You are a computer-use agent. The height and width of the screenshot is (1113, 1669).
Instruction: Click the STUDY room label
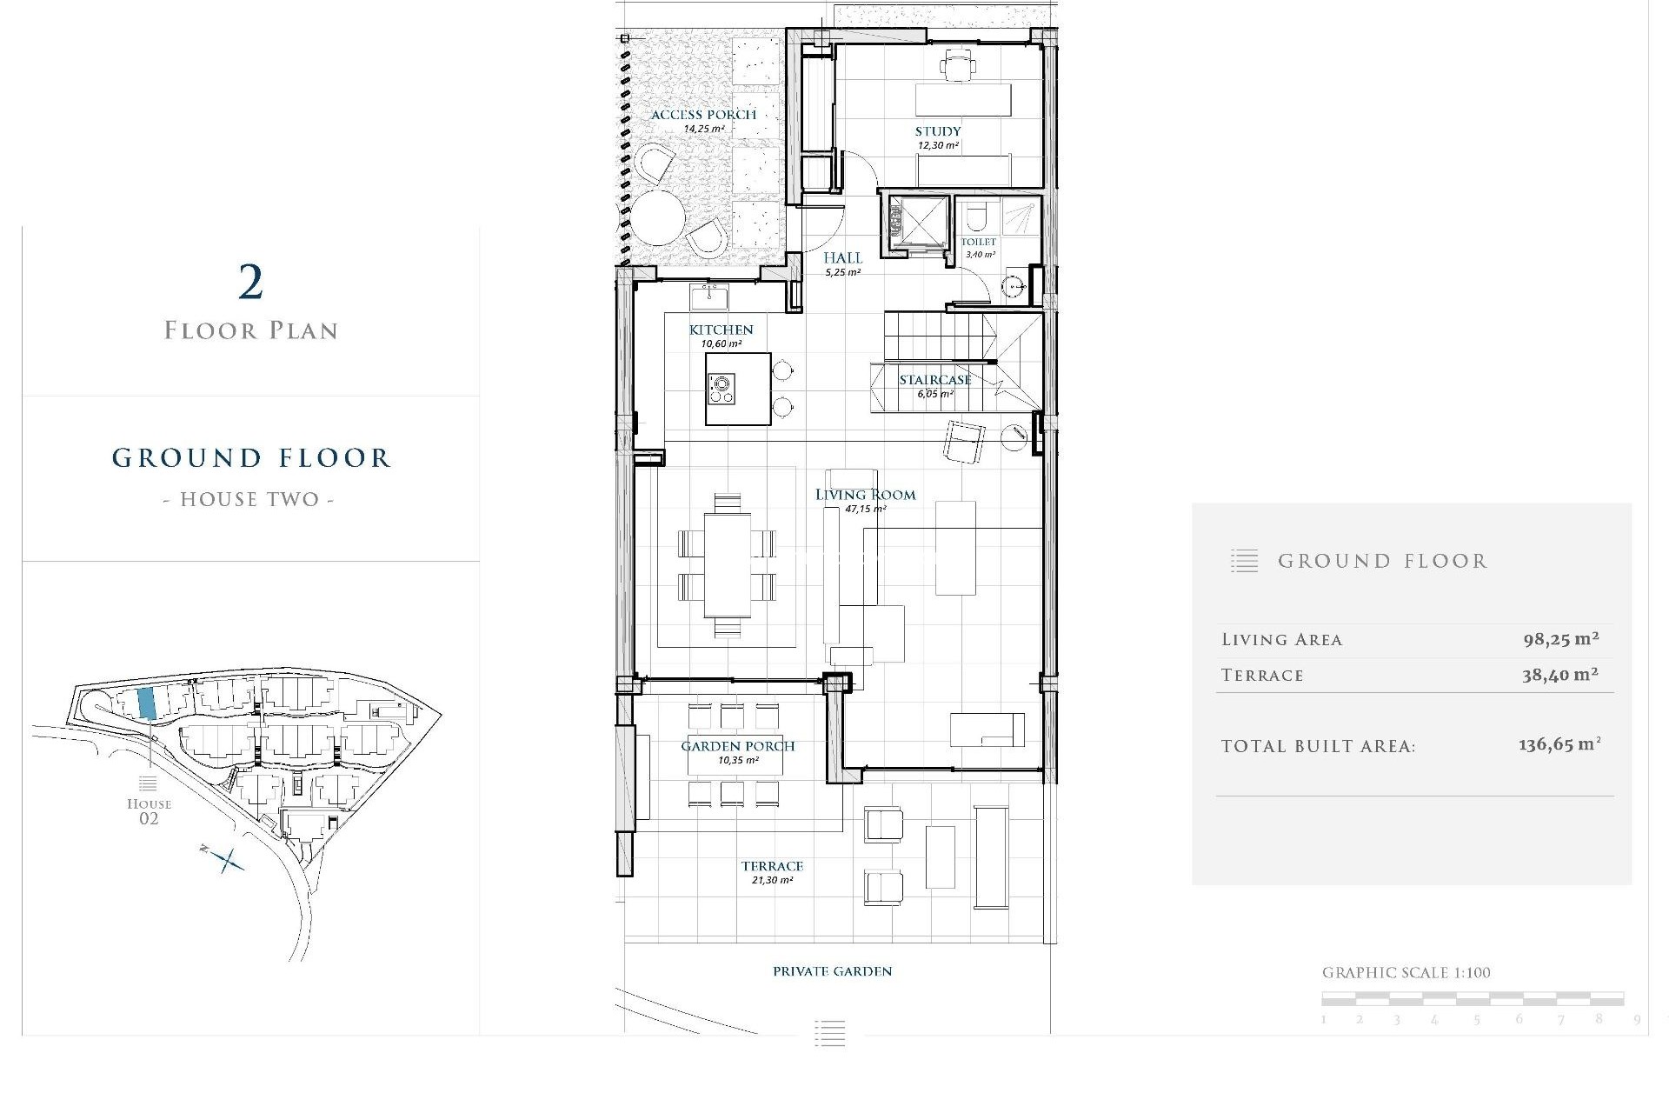[x=937, y=131]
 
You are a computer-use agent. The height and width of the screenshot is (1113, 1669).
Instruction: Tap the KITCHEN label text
[x=721, y=330]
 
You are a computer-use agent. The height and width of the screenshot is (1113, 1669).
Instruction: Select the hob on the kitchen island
[x=721, y=388]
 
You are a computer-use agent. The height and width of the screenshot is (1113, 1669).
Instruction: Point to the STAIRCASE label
[x=934, y=380]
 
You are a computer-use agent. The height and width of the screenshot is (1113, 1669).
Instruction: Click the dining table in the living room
[x=728, y=565]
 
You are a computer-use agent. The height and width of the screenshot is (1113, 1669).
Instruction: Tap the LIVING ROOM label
[x=865, y=495]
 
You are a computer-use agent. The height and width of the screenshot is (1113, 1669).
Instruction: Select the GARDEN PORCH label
[x=737, y=746]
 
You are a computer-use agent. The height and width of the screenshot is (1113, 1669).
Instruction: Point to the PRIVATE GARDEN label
[x=832, y=971]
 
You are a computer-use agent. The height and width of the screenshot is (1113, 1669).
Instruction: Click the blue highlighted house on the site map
[x=147, y=703]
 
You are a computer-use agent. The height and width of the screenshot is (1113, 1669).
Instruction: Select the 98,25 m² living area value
[x=1560, y=639]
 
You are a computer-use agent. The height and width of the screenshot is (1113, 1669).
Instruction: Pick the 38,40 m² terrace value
[x=1559, y=675]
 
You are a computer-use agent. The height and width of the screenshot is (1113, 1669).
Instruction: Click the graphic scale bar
[x=1473, y=998]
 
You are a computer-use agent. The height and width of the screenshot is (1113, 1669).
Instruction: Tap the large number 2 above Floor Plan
[x=250, y=283]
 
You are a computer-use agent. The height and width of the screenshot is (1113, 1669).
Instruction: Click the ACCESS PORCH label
[x=703, y=115]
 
